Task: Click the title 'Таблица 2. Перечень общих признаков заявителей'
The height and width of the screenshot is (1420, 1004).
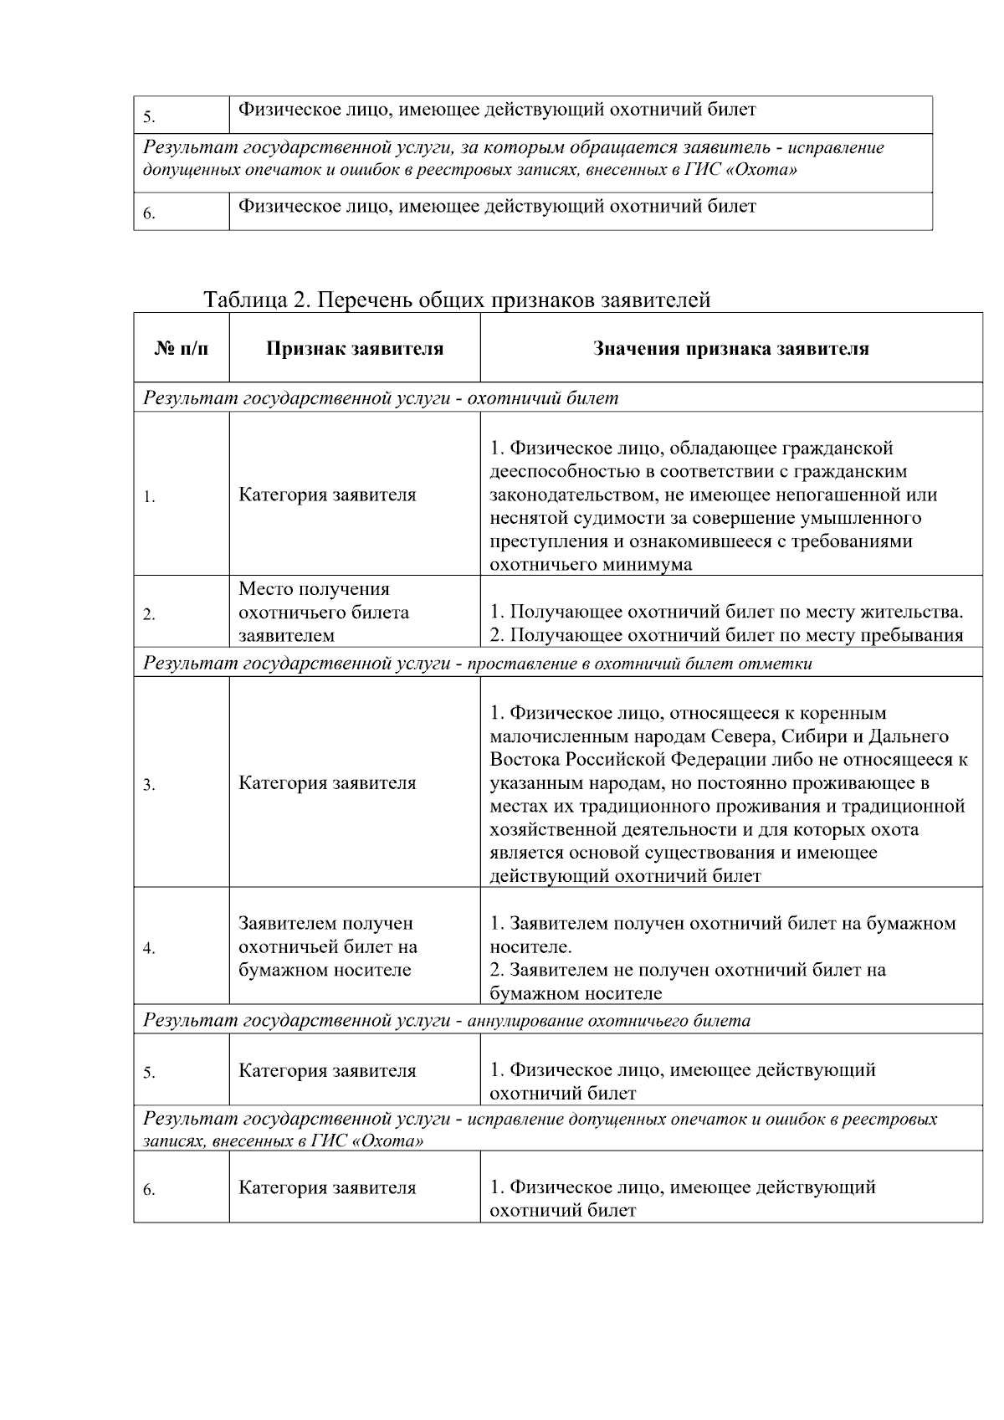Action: pyautogui.click(x=457, y=300)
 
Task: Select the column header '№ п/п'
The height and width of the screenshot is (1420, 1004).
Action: pyautogui.click(x=181, y=348)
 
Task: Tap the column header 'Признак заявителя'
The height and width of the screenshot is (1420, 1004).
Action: pyautogui.click(x=355, y=348)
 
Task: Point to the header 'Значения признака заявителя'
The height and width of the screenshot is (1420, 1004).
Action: pyautogui.click(x=730, y=348)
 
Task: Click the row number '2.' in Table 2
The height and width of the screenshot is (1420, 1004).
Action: pyautogui.click(x=149, y=615)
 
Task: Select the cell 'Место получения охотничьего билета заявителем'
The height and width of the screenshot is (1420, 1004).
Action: pyautogui.click(x=324, y=612)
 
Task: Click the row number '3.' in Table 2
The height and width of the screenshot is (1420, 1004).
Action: pyautogui.click(x=149, y=785)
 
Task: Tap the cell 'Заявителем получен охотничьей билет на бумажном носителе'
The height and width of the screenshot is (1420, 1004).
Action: pyautogui.click(x=328, y=946)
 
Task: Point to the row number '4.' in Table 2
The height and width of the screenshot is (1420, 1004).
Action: pyautogui.click(x=149, y=949)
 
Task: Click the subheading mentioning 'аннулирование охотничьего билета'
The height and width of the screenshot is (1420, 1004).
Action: pyautogui.click(x=608, y=1020)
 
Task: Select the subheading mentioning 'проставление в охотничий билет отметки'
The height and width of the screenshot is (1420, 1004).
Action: pyautogui.click(x=639, y=664)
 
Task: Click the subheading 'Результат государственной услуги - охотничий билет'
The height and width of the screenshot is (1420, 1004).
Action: pyautogui.click(x=381, y=398)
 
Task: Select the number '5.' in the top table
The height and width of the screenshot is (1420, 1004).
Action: pyautogui.click(x=149, y=117)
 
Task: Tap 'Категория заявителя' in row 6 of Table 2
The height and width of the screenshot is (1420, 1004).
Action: pyautogui.click(x=327, y=1187)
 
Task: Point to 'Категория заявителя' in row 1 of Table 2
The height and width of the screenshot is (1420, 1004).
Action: pyautogui.click(x=327, y=495)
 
